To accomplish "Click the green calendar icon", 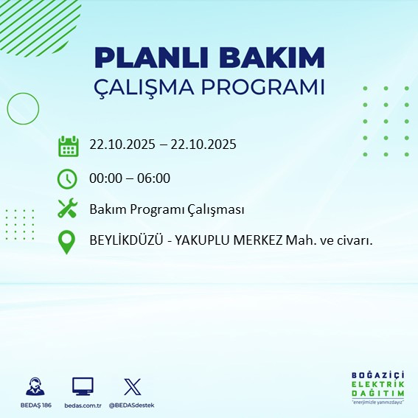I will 68,146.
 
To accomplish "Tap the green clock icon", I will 67,178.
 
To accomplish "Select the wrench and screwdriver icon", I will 67,210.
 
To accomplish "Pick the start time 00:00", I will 106,178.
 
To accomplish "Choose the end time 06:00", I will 154,178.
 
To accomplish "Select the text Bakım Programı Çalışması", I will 166,210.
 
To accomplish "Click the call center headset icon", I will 34,386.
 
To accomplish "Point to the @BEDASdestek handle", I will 131,405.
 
